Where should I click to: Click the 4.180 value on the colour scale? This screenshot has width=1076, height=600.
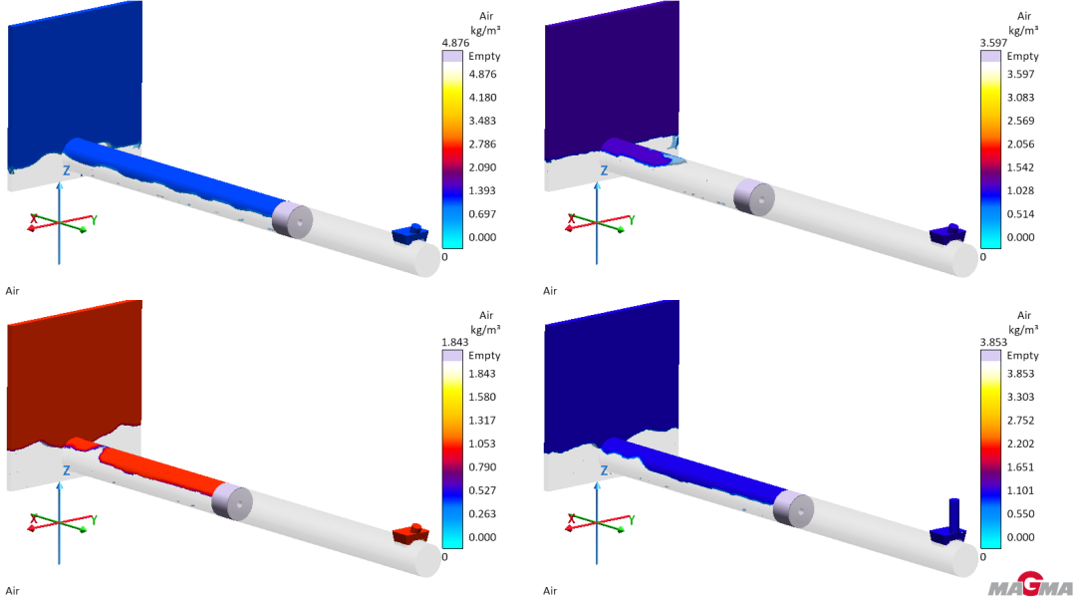[482, 98]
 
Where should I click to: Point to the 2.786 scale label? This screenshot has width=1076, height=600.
[482, 145]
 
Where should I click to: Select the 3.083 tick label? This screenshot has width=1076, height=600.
[1020, 98]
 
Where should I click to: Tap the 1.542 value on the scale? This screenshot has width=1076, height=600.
[1020, 167]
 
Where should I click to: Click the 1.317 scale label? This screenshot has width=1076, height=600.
[482, 421]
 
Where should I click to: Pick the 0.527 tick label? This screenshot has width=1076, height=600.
[482, 490]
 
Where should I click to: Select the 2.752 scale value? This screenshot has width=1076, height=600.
[1020, 421]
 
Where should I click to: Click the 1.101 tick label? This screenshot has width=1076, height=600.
[1020, 490]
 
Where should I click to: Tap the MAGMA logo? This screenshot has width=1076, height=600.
[1031, 586]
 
